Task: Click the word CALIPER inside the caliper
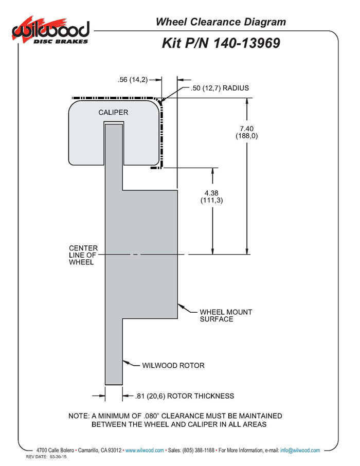[113, 112]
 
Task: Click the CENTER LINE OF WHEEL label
[83, 255]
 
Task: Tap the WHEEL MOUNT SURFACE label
[219, 315]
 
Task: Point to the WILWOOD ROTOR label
[173, 366]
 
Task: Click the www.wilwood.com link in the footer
[145, 451]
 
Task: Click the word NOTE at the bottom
[79, 416]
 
